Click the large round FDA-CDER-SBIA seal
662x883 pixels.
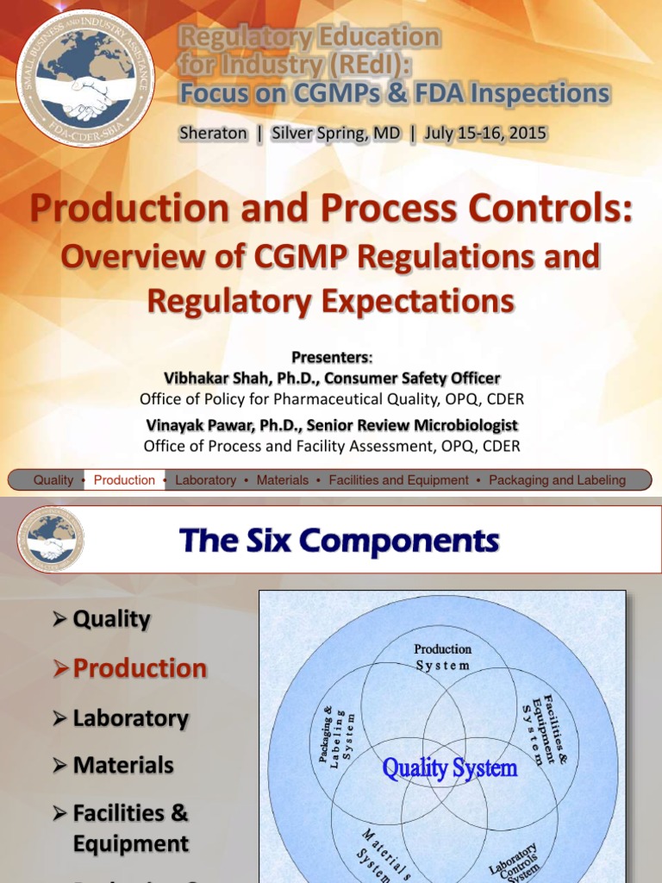click(x=85, y=77)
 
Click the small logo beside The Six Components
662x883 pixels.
click(x=51, y=539)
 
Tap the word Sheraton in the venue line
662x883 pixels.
click(x=212, y=134)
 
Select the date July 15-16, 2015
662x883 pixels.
click(x=484, y=134)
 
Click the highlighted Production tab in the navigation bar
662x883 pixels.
click(x=124, y=480)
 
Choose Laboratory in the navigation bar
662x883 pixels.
click(x=205, y=480)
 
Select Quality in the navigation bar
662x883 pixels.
click(x=53, y=480)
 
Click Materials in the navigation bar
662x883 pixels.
click(x=282, y=480)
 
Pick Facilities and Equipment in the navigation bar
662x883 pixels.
click(x=398, y=480)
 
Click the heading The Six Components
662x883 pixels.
click(x=339, y=541)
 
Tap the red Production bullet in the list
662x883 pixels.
click(x=140, y=668)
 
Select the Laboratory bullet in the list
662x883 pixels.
click(x=130, y=718)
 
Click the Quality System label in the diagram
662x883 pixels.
click(x=449, y=767)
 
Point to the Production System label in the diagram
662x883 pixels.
click(x=442, y=657)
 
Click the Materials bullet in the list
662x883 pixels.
click(x=123, y=765)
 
